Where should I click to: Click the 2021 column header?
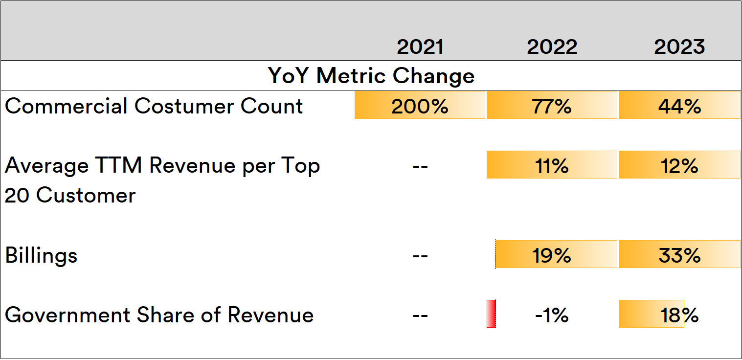[420, 47]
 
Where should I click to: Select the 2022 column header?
[552, 47]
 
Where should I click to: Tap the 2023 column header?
[679, 47]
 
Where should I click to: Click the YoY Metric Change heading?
[371, 76]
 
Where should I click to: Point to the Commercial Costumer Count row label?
[154, 106]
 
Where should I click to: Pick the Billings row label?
[42, 255]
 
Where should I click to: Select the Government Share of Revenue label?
[159, 315]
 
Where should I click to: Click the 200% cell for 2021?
[420, 106]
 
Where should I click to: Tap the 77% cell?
[552, 106]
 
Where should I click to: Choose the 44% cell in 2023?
[679, 106]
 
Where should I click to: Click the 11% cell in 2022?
[552, 166]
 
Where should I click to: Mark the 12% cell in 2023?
[679, 166]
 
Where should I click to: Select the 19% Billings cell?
[552, 255]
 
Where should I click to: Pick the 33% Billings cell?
[679, 255]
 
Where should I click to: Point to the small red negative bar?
[491, 314]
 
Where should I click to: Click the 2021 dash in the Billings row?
[420, 256]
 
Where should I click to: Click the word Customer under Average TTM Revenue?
[86, 196]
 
